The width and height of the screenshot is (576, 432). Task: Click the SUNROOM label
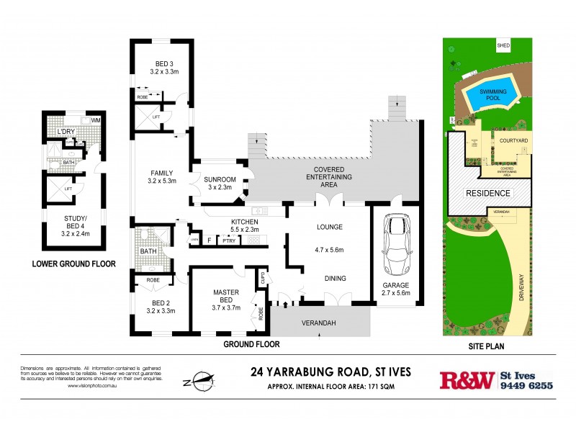point(218,182)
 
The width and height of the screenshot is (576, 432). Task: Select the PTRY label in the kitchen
point(230,240)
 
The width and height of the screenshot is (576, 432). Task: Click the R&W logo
point(467,379)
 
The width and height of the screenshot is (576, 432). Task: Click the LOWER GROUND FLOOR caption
point(73,264)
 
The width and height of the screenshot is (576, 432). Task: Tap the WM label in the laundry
point(95,120)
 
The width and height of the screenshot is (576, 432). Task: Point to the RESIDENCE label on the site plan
point(487,193)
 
